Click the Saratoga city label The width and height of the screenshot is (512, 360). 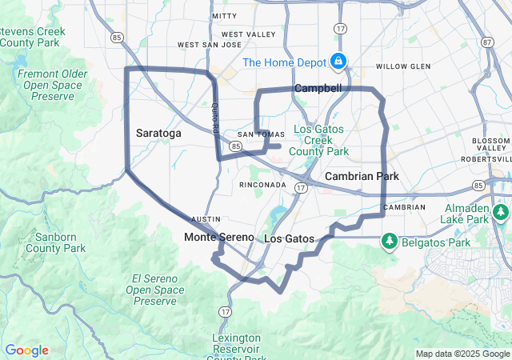[158, 132]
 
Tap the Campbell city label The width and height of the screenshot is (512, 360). [318, 87]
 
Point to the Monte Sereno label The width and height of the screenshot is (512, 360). [218, 238]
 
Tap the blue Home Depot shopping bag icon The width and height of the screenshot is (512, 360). [338, 61]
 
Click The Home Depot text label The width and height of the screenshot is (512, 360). [284, 62]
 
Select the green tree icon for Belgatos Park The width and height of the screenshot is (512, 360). [390, 239]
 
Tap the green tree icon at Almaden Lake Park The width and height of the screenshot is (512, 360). [501, 212]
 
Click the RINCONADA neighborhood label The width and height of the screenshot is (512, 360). [262, 185]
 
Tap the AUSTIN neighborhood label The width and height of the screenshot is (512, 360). [206, 218]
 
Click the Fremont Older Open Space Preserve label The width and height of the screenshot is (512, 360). [52, 85]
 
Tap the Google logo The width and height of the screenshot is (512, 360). [26, 350]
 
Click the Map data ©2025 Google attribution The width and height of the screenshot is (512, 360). [462, 354]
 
